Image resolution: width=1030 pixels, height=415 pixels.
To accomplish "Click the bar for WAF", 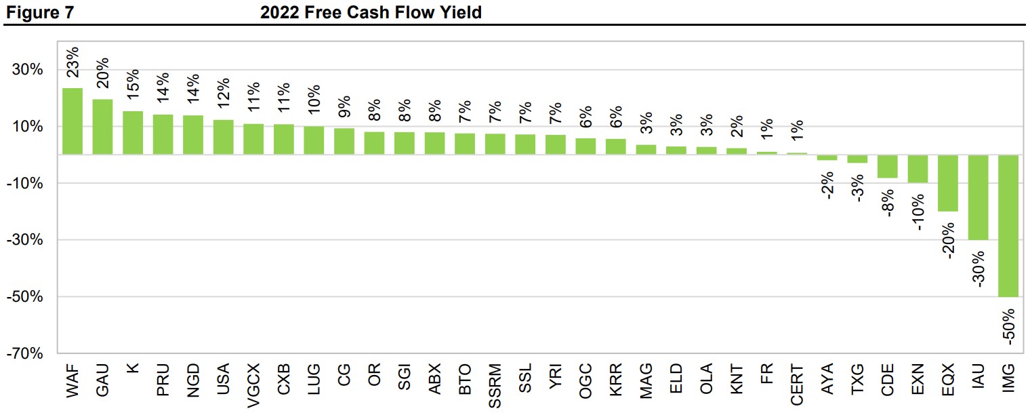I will (x=73, y=121).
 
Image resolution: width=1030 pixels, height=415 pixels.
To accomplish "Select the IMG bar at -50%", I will (x=1008, y=226).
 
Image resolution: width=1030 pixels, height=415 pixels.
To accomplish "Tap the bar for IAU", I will (x=978, y=197).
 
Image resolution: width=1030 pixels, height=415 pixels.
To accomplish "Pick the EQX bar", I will (x=948, y=183).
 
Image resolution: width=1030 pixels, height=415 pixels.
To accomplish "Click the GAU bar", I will (x=102, y=127).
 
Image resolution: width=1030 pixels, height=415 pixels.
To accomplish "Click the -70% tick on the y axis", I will (x=26, y=354).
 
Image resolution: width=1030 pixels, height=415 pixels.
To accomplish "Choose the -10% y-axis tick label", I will (x=26, y=184).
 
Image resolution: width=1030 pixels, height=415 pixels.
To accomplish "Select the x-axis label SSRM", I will (x=495, y=386).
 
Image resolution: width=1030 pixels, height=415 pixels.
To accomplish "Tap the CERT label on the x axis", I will (x=797, y=385).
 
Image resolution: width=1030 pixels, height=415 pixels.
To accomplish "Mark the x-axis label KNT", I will (x=737, y=380).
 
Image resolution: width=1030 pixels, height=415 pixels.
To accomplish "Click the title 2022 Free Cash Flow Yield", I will (x=371, y=12).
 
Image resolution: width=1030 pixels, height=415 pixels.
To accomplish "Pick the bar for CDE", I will (x=887, y=166).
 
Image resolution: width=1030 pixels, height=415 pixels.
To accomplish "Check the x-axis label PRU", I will (x=163, y=380).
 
